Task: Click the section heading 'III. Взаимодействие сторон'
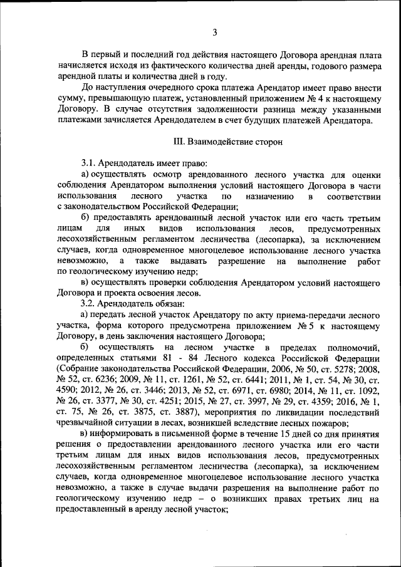coord(227,142)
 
